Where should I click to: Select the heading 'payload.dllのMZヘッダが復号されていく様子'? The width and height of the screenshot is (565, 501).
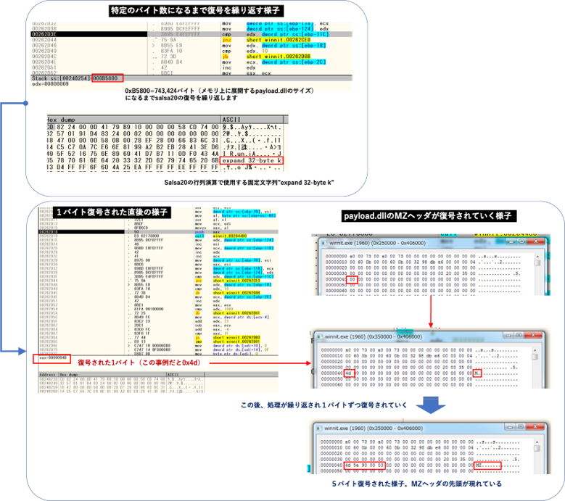pos(418,217)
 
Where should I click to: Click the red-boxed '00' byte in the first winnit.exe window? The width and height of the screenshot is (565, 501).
pos(352,278)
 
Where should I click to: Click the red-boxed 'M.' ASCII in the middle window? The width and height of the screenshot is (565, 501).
pos(478,373)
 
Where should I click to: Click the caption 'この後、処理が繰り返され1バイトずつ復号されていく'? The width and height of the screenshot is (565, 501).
pos(318,404)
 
